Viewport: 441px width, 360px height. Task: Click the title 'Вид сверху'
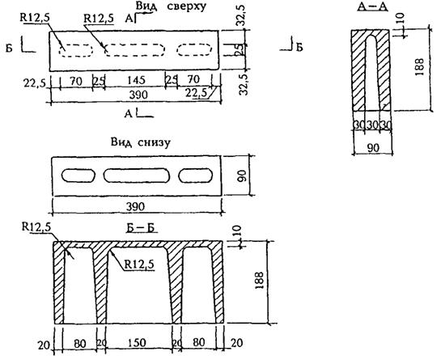click(x=171, y=6)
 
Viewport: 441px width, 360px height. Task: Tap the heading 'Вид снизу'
click(x=140, y=142)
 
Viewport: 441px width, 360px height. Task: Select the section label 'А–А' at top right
click(x=372, y=6)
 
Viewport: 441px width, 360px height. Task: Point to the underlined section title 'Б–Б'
click(x=142, y=228)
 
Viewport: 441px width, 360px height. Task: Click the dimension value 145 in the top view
click(x=136, y=80)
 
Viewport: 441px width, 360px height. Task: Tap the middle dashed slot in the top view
click(x=134, y=50)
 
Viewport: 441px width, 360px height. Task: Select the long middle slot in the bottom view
click(x=137, y=176)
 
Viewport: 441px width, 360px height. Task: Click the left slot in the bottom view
click(x=78, y=176)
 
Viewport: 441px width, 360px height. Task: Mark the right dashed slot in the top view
click(x=194, y=50)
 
